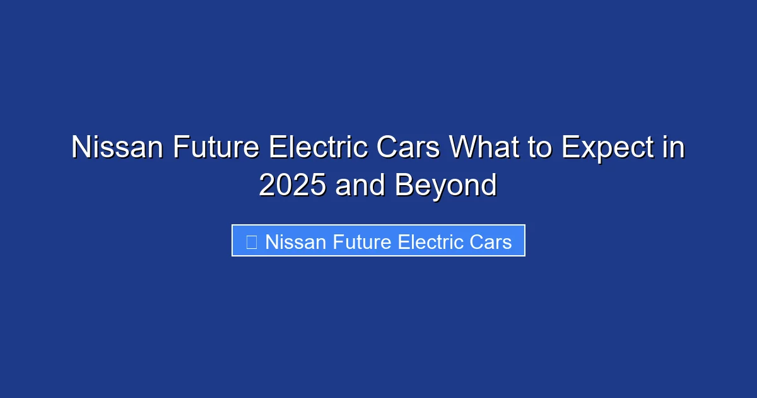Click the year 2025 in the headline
[293, 186]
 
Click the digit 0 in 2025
[285, 186]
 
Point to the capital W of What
[464, 148]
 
